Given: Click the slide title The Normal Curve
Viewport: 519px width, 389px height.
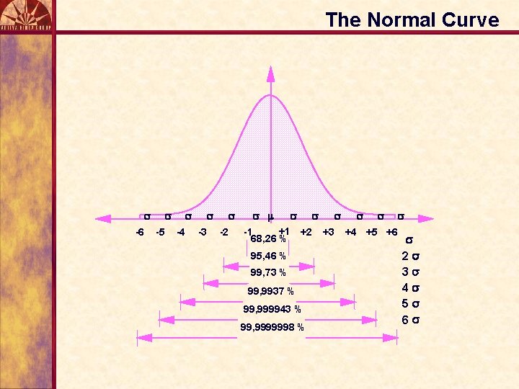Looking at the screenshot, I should click(x=412, y=19).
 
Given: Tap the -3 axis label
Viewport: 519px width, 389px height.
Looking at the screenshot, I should click(x=203, y=232).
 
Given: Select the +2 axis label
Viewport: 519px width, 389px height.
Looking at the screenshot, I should click(x=306, y=232).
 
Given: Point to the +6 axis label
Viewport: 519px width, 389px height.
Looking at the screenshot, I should click(x=391, y=232).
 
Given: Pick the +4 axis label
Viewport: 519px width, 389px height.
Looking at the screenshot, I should click(x=350, y=232).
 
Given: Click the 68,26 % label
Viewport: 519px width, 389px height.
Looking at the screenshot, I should click(x=267, y=238).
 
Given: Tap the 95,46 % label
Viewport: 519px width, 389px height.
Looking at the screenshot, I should click(x=267, y=256).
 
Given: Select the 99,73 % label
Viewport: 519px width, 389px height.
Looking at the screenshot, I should click(x=267, y=273).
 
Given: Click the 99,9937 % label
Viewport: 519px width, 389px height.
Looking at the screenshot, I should click(x=270, y=291).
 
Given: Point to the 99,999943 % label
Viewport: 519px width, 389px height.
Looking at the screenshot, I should click(x=272, y=310).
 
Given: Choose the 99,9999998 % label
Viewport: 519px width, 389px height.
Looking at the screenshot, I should click(x=272, y=328).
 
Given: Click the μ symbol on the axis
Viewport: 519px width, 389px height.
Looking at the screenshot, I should click(x=270, y=215).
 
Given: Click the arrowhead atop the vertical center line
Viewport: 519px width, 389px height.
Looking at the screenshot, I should click(x=270, y=72).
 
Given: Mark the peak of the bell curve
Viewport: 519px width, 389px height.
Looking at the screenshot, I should click(x=270, y=95).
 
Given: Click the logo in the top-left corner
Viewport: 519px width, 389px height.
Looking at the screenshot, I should click(x=27, y=14).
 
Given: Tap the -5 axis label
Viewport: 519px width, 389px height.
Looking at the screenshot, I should click(x=161, y=232).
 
